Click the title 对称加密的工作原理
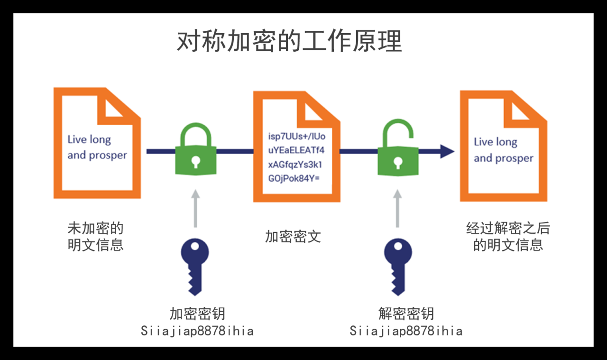pyautogui.click(x=289, y=42)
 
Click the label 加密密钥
pyautogui.click(x=197, y=314)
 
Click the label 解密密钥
pyautogui.click(x=406, y=314)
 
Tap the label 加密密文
pyautogui.click(x=293, y=236)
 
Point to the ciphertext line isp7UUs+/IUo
pyautogui.click(x=297, y=137)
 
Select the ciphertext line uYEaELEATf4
pyautogui.click(x=297, y=151)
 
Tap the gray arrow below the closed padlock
pyautogui.click(x=195, y=209)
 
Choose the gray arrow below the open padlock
pyautogui.click(x=397, y=209)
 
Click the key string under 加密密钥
pyautogui.click(x=197, y=331)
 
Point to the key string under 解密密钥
pyautogui.click(x=406, y=331)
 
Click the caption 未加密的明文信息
pyautogui.click(x=96, y=237)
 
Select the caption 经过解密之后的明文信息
pyautogui.click(x=508, y=237)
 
